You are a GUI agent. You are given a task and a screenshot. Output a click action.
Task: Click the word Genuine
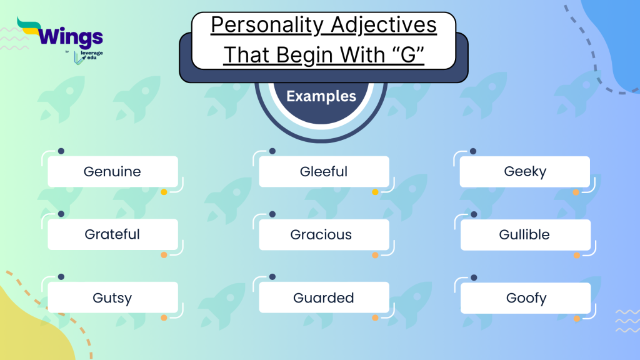coord(112,171)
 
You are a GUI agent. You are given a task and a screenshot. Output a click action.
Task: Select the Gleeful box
coord(324,171)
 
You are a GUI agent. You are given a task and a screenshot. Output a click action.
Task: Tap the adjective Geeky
coord(525,171)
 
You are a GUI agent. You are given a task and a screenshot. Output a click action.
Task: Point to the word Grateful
coord(112,234)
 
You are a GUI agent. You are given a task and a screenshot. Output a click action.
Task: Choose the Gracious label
coord(321,234)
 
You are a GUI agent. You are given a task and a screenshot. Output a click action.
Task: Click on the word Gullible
coord(524,234)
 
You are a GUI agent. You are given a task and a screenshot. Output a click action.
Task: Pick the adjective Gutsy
coord(112,297)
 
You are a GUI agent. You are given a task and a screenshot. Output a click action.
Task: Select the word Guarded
coord(324,297)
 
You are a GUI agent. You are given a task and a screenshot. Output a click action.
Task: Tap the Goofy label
coord(526,297)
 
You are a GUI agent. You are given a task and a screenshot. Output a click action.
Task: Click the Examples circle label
coord(321,96)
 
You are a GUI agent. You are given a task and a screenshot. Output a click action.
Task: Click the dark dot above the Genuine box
coord(61,151)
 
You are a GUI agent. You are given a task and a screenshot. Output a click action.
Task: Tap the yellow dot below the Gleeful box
coord(376,192)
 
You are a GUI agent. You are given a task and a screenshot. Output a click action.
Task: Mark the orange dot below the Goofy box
coord(577,318)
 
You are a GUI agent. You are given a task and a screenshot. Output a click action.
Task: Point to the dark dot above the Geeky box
coord(473,151)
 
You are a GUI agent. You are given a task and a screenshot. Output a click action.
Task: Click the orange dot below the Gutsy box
coord(164,317)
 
